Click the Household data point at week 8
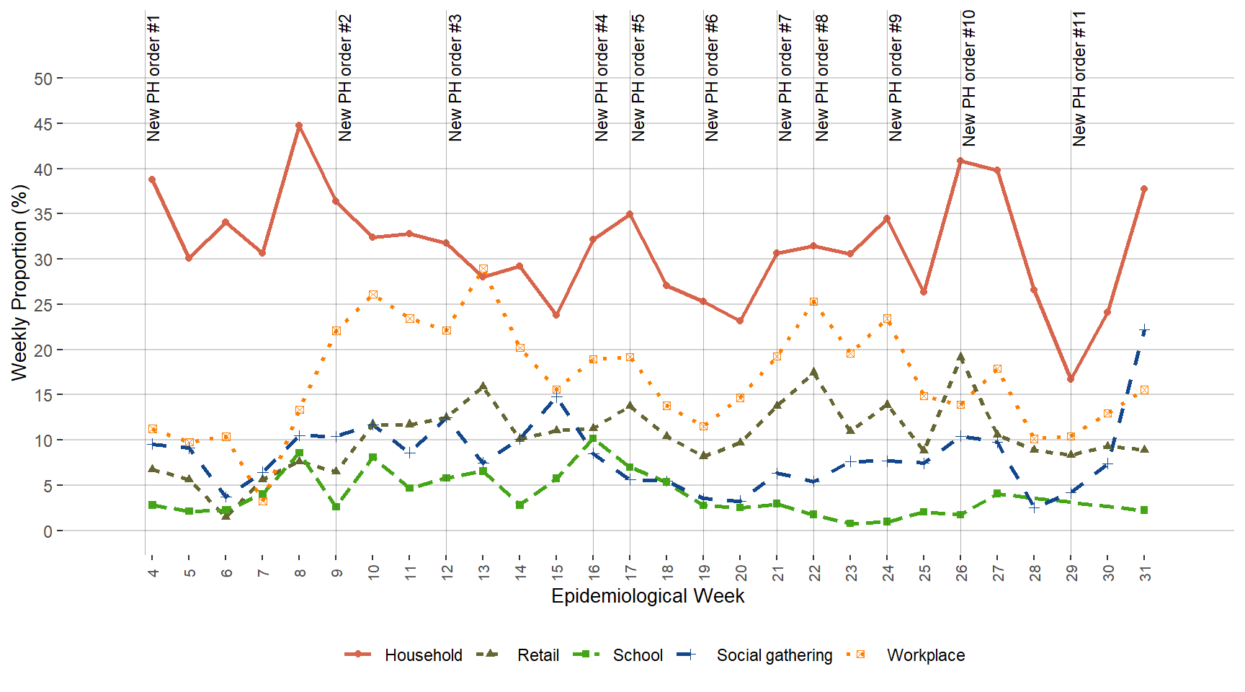[299, 125]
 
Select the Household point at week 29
[1071, 378]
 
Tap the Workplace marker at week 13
[483, 269]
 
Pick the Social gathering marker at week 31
[1144, 330]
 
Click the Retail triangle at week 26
[960, 357]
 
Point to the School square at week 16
[593, 438]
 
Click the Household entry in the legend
[423, 655]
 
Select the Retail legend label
[537, 655]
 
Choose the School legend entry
[637, 655]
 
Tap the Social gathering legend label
[774, 655]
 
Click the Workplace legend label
[925, 655]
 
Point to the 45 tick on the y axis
[43, 124]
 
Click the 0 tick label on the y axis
[48, 531]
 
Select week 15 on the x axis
[557, 572]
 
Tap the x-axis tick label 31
[1145, 572]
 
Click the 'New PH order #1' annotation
[153, 78]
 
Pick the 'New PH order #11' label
[1079, 78]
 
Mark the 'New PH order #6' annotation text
[712, 78]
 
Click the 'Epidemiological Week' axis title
[648, 596]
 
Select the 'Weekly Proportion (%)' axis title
[19, 283]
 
